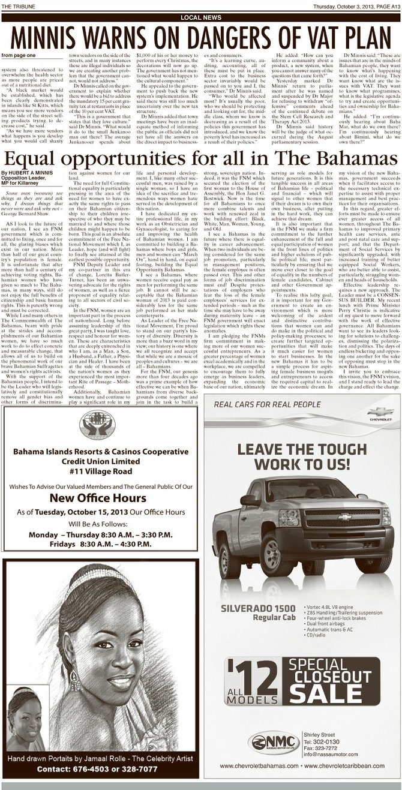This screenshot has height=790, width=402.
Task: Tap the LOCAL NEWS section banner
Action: coord(200,18)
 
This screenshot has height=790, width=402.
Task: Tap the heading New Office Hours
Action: coord(98,498)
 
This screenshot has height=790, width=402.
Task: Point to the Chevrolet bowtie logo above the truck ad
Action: coord(380,412)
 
